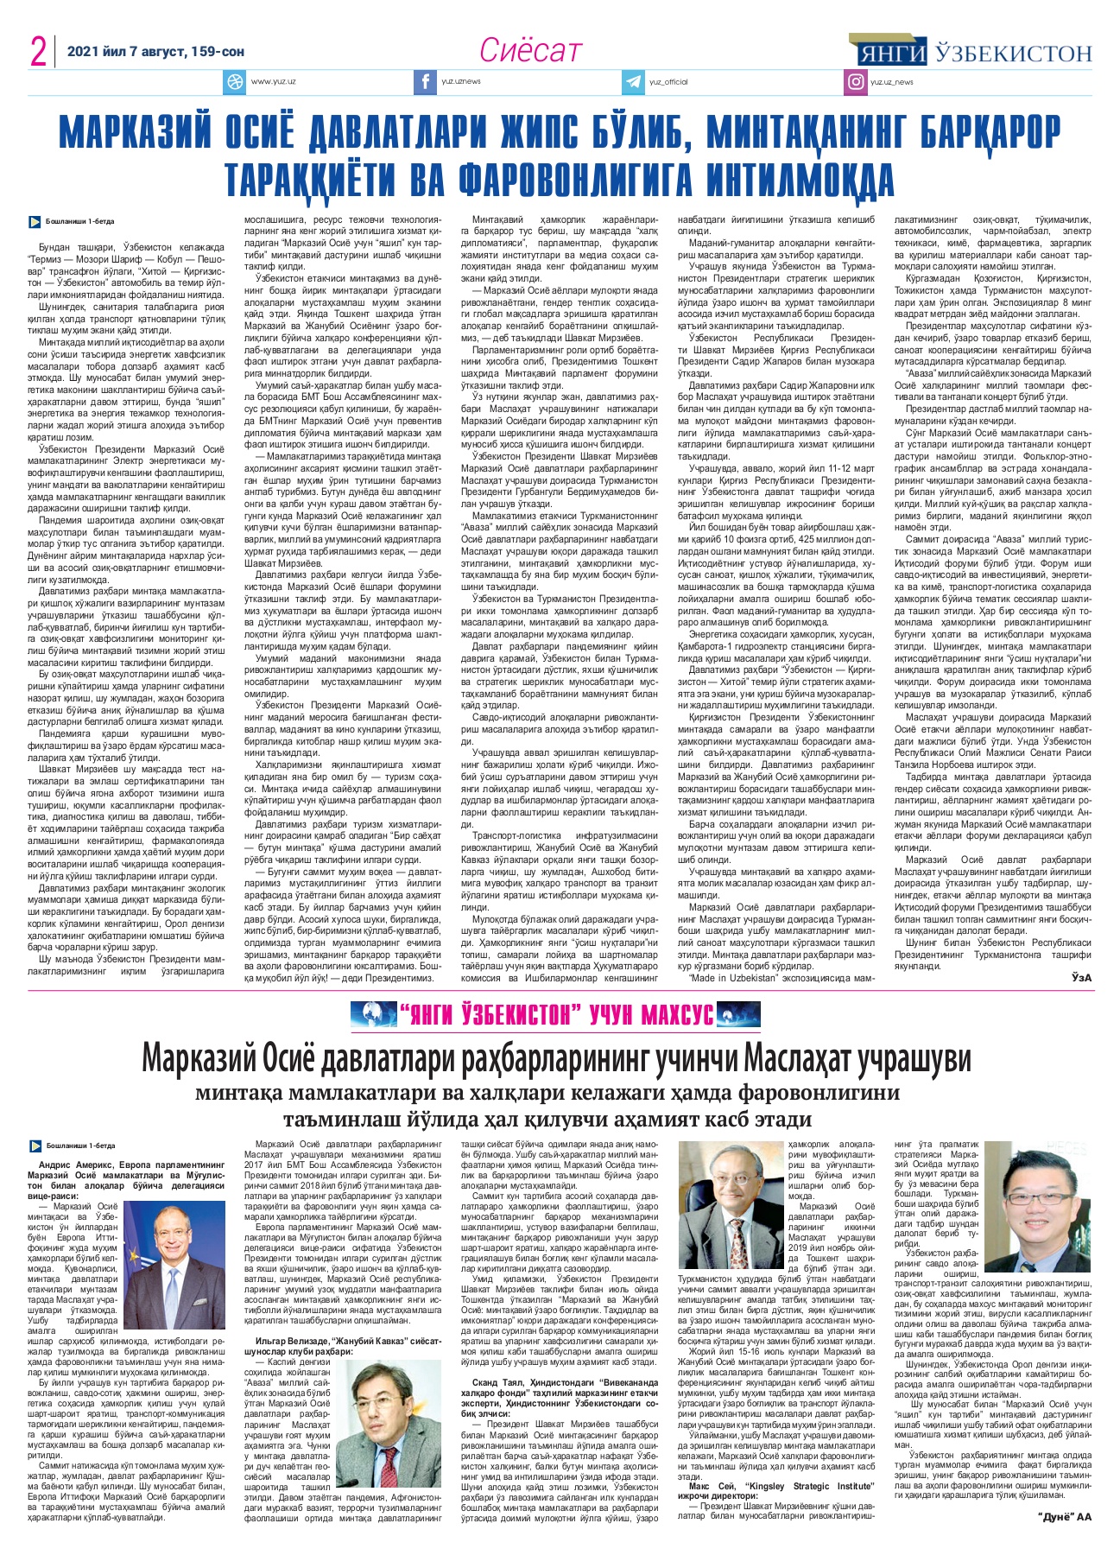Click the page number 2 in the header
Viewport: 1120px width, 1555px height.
coord(38,53)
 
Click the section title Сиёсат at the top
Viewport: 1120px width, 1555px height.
coord(530,51)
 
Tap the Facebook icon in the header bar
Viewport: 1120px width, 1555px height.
coord(424,82)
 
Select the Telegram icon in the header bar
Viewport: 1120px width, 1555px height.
coord(634,82)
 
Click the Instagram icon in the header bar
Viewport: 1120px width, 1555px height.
coord(856,82)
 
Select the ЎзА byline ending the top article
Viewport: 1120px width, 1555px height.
coord(1081,977)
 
